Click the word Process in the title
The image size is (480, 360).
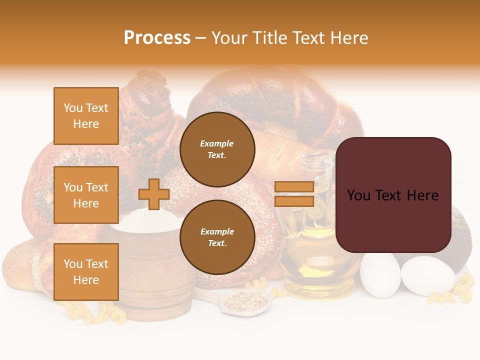click(x=157, y=38)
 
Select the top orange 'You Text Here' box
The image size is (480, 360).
click(x=86, y=116)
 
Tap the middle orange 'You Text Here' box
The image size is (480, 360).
click(x=86, y=195)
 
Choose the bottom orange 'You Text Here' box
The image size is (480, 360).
click(x=86, y=271)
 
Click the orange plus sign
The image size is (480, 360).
click(x=154, y=194)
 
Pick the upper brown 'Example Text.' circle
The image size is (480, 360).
click(x=217, y=149)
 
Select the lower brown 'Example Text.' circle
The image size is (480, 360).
click(x=217, y=237)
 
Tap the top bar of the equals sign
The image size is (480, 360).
click(x=294, y=187)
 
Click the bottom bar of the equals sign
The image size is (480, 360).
click(x=294, y=201)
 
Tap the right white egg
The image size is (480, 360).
click(x=427, y=276)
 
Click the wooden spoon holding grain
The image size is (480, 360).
click(x=245, y=301)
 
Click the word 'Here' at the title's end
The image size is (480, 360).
click(x=350, y=38)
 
